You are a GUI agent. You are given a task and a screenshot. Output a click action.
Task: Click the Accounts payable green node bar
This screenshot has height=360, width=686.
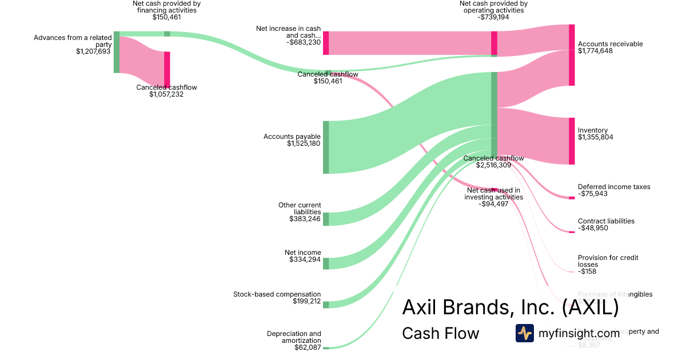(326, 147)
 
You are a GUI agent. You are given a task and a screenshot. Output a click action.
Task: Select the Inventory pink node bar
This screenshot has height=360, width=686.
(572, 141)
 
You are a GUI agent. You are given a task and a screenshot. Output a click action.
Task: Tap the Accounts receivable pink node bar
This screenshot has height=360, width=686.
(572, 55)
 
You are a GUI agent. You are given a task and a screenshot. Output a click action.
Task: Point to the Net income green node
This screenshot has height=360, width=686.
(326, 263)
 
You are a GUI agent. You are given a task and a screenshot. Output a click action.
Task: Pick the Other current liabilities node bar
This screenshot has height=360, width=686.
(326, 219)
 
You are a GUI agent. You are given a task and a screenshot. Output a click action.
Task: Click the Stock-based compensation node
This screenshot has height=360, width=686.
(326, 305)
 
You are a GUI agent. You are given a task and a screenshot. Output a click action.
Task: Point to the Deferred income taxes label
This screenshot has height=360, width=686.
(614, 187)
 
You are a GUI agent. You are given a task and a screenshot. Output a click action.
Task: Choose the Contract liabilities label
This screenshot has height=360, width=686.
(606, 221)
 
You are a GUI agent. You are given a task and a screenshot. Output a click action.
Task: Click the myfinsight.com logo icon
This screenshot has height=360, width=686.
(524, 333)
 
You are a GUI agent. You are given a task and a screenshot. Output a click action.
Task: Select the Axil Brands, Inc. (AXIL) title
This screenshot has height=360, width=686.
(510, 307)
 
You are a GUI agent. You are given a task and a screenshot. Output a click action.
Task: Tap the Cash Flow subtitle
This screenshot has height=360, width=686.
(440, 333)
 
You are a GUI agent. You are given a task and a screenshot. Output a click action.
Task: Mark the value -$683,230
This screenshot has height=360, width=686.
(304, 42)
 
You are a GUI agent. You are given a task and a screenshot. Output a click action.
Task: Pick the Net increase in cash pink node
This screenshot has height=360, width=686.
(326, 43)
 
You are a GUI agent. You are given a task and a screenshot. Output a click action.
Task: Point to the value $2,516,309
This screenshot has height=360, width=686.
(493, 165)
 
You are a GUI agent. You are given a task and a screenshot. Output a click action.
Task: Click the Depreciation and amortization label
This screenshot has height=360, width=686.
(294, 337)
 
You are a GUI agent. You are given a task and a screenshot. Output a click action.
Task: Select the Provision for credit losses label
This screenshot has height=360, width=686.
(608, 261)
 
